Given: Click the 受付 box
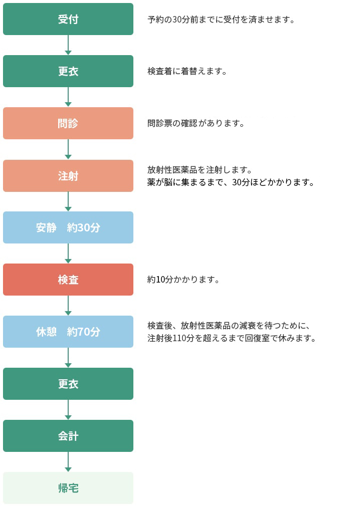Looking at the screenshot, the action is (68, 19).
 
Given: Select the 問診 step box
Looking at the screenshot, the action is (68, 123).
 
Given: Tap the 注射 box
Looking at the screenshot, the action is (68, 175).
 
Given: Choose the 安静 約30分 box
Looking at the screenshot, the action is (68, 227).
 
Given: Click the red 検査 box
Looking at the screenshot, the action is (68, 280).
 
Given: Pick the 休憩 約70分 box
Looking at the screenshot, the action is (68, 332).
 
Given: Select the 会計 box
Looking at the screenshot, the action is (68, 435).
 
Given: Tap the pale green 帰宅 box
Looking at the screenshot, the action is (68, 487).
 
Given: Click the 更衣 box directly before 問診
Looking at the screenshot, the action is (68, 71).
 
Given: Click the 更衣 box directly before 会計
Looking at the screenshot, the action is (68, 383).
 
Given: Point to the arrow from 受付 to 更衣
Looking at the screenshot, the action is (68, 45).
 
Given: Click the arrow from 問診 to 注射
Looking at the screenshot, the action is (68, 149).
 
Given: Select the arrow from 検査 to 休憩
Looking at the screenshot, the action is (68, 306).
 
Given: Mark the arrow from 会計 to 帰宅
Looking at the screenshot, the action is (68, 462).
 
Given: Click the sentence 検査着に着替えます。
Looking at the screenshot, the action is (187, 71).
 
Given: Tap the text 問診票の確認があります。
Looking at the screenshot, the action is (196, 123).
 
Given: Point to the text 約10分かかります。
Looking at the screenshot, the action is (183, 280).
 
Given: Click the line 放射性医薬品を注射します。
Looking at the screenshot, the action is (200, 170).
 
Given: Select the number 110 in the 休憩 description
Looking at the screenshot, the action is (179, 338).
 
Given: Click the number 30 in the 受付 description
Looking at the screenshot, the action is (177, 20).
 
